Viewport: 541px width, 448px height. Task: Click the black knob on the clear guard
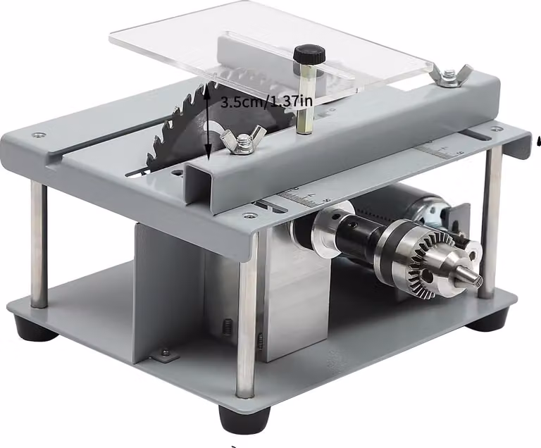pyautogui.click(x=309, y=54)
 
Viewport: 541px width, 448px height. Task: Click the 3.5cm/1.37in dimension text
pyautogui.click(x=266, y=101)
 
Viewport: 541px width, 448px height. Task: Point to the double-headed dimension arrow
pyautogui.click(x=208, y=122)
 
